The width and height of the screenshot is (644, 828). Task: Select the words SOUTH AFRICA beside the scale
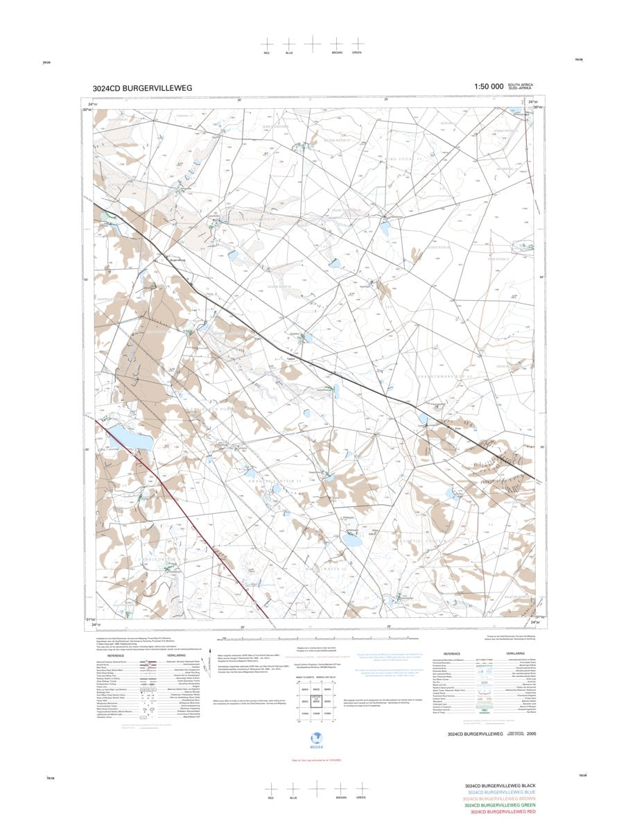point(521,84)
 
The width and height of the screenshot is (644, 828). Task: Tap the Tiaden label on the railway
point(291,359)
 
